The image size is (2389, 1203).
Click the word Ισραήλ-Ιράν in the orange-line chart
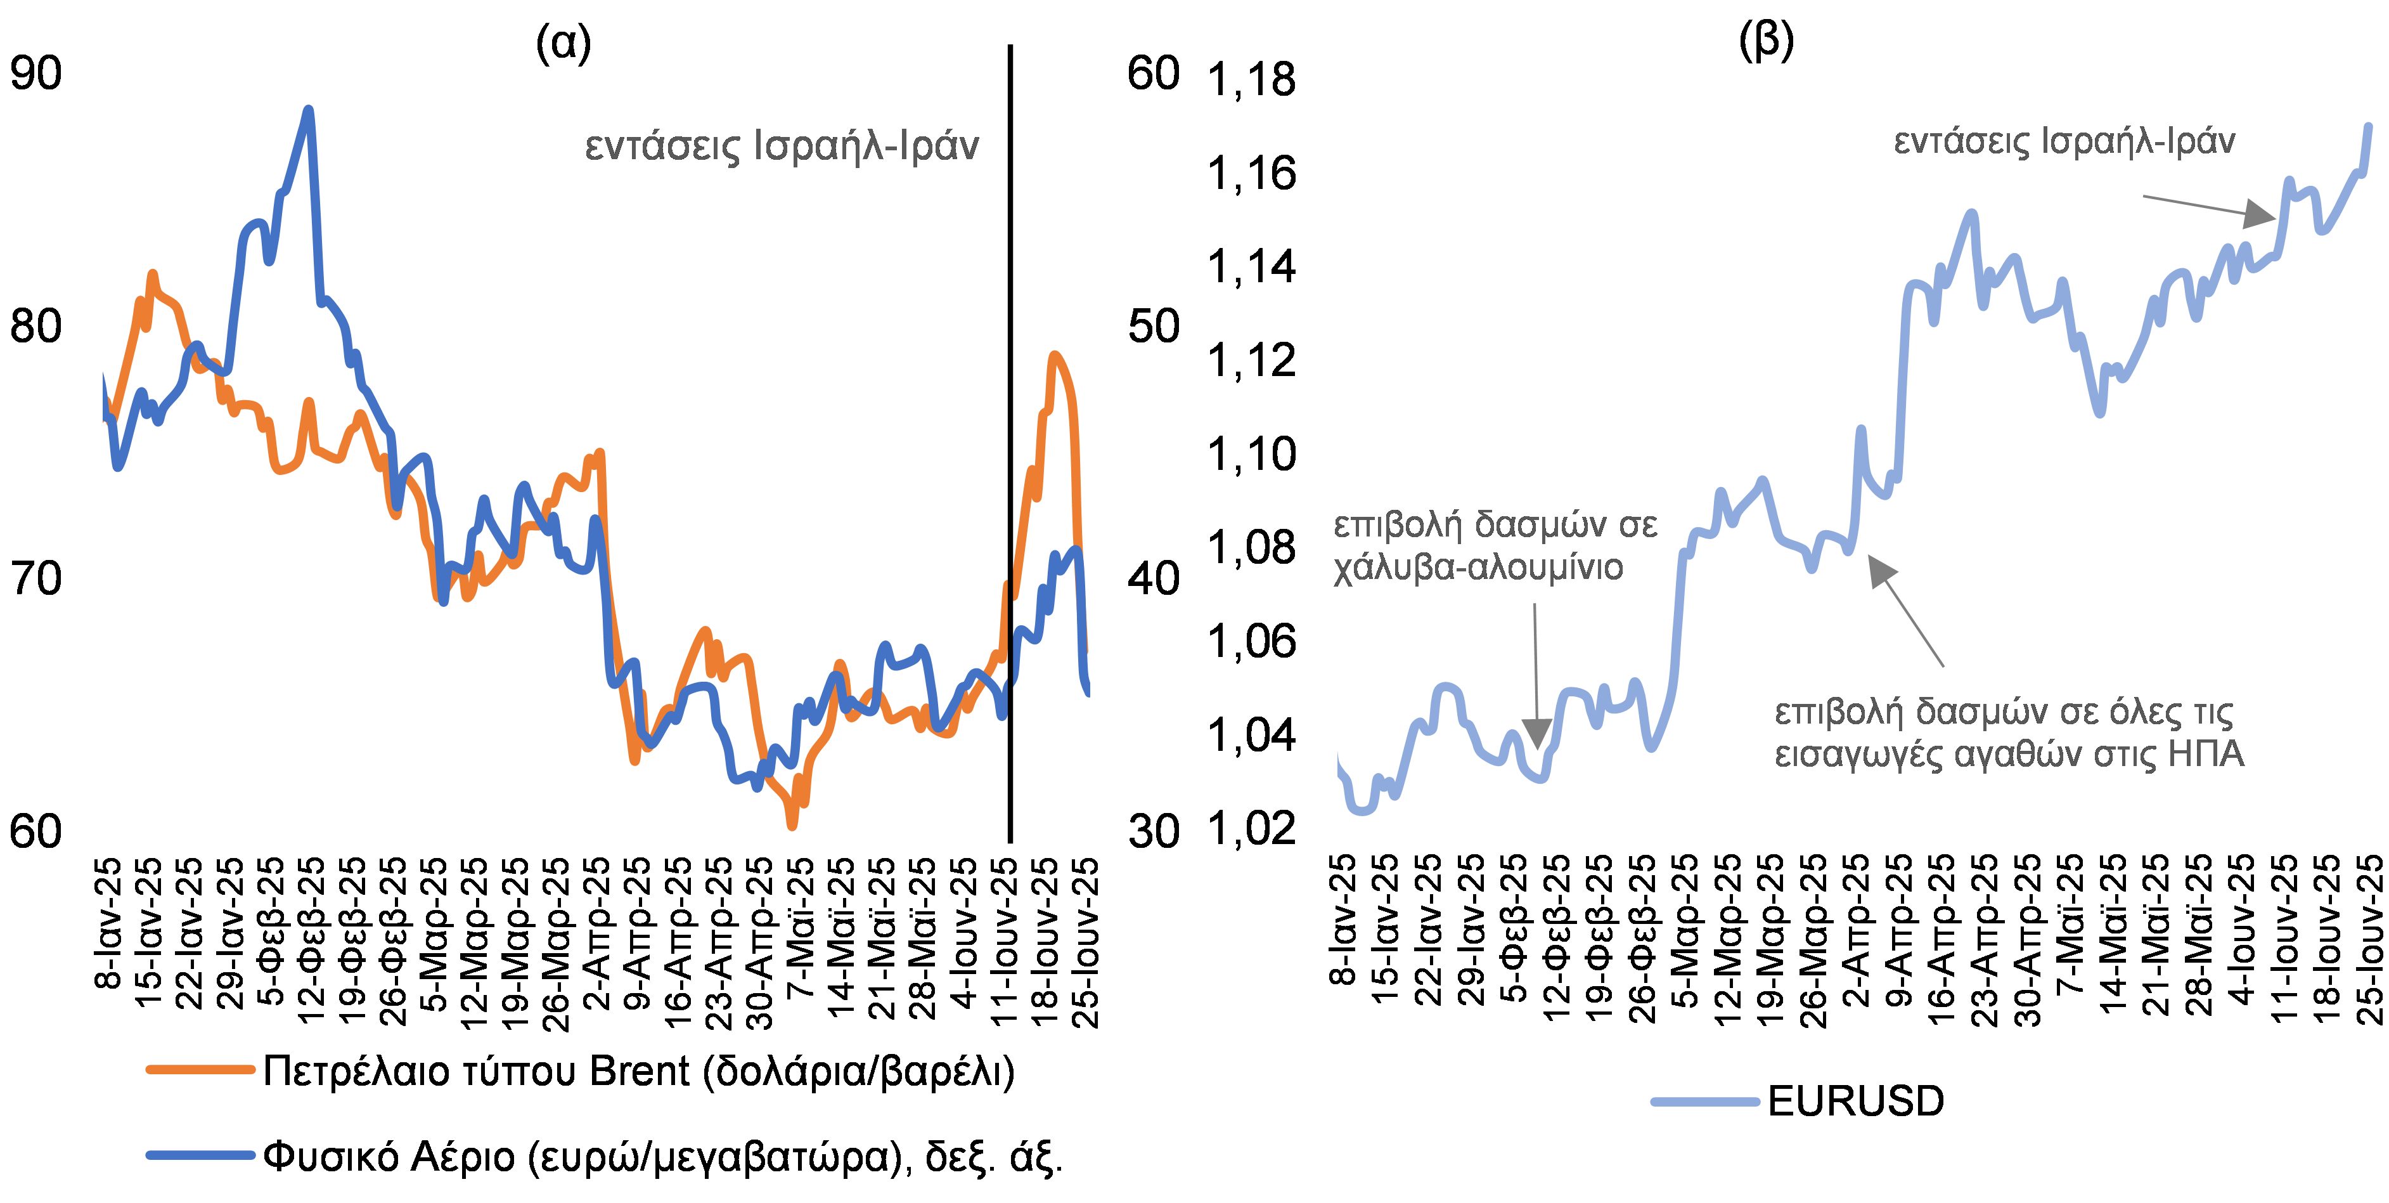point(866,146)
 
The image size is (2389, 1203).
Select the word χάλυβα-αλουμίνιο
point(1478,567)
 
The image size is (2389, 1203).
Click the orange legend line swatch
point(200,1069)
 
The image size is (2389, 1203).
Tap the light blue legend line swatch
point(1704,1101)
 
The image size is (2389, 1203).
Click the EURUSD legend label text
point(1864,1101)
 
